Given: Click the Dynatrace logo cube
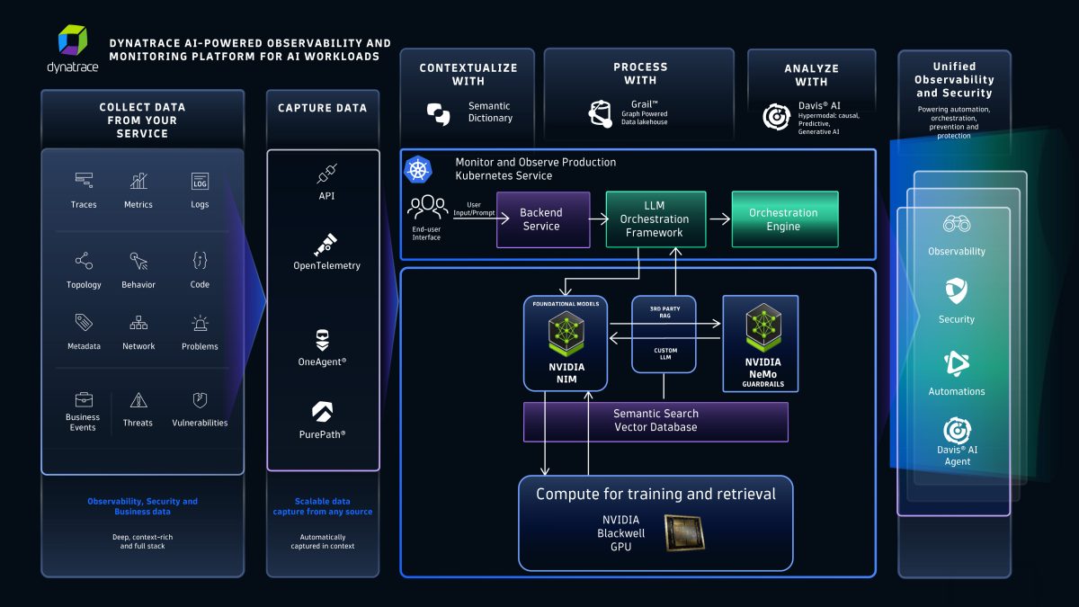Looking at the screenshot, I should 74,42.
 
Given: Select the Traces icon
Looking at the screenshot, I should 85,181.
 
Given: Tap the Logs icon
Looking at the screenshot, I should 200,181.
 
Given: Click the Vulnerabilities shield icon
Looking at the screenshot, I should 200,400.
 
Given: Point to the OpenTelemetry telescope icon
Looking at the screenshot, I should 326,244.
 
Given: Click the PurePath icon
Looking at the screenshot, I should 323,412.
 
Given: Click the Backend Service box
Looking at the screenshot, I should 542,219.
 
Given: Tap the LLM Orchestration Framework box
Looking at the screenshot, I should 655,219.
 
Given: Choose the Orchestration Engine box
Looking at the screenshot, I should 784,219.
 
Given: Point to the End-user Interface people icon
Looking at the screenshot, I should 427,208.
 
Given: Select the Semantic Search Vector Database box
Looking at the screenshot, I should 655,421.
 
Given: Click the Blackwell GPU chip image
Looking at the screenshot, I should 687,532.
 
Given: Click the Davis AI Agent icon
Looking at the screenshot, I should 957,431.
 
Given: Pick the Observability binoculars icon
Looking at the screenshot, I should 957,225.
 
